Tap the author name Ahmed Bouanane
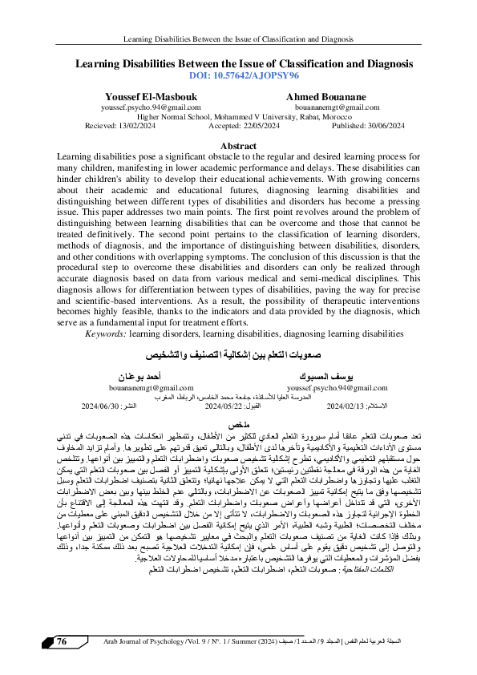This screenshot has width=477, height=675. pyautogui.click(x=325, y=95)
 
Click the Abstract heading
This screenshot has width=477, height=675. pyautogui.click(x=238, y=145)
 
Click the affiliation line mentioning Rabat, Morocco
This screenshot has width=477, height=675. pyautogui.click(x=238, y=115)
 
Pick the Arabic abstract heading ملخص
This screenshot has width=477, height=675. pyautogui.click(x=238, y=422)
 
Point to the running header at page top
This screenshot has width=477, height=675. pyautogui.click(x=238, y=38)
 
